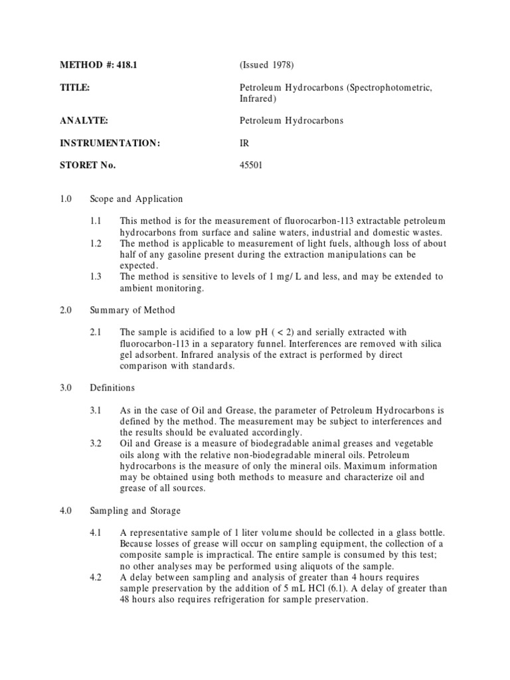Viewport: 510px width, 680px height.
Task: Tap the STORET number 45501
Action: pos(251,165)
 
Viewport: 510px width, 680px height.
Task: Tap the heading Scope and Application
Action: pos(137,199)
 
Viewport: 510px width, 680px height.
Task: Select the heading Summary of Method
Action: pos(133,310)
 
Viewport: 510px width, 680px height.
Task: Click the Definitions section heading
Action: pos(112,388)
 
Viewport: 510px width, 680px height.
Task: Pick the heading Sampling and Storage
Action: pos(135,511)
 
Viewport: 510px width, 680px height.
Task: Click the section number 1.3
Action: pos(96,276)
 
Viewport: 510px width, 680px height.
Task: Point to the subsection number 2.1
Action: pos(96,331)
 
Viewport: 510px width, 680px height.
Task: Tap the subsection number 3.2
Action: pos(96,443)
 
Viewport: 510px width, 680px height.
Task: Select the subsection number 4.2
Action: pos(96,577)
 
